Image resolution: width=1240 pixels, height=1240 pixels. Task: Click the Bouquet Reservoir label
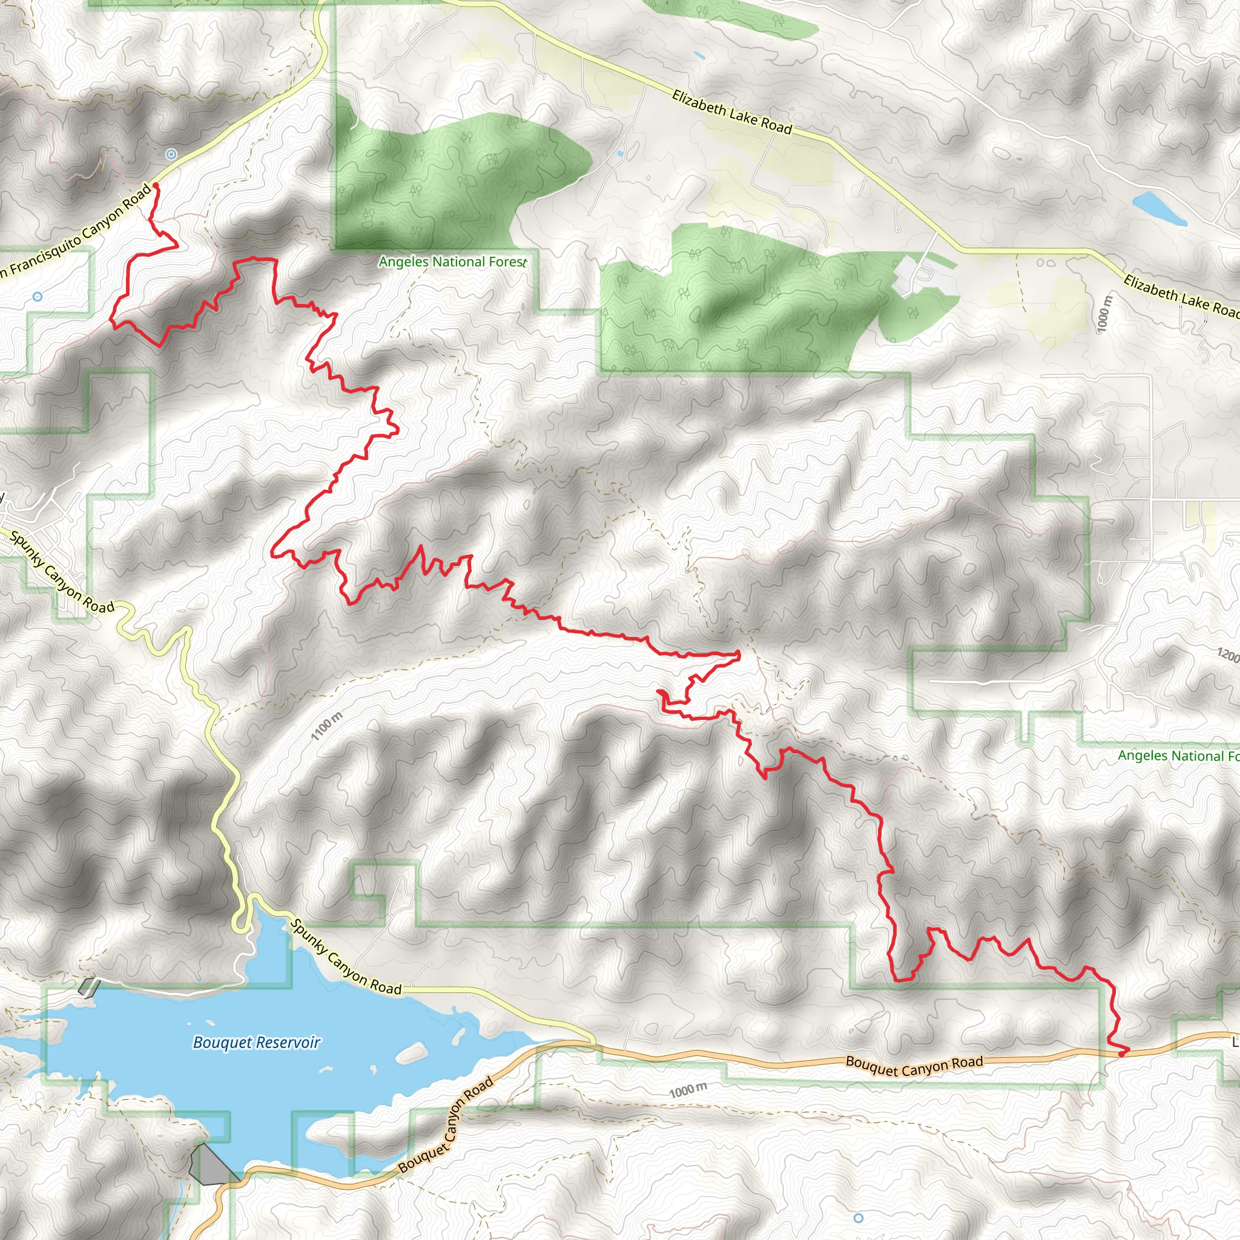pos(256,1043)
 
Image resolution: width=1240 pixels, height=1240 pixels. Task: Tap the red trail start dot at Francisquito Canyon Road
pos(156,185)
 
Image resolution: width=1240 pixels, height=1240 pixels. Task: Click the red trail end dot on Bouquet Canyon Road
pos(1121,1054)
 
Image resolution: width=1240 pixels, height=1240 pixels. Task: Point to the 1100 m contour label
pos(327,726)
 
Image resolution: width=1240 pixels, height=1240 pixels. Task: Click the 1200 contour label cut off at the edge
pos(1228,655)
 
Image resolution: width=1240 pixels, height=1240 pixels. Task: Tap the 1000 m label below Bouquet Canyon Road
pos(687,1090)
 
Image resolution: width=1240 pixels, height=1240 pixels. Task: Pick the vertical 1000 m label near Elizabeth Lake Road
pos(1103,314)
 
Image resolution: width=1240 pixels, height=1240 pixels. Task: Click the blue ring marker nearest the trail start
pos(171,154)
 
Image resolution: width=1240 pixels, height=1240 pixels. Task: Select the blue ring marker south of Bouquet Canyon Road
pos(859,1218)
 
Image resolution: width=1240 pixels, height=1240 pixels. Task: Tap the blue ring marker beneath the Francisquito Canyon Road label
pos(37,297)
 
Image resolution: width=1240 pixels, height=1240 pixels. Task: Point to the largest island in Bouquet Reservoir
pos(411,1052)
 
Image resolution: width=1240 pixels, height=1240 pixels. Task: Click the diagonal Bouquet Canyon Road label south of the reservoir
pos(446,1124)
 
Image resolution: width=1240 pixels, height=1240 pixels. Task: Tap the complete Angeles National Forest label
pos(452,262)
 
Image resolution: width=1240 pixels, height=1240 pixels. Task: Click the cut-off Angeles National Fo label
pos(1178,756)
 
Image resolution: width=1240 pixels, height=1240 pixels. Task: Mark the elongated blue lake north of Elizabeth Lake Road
pos(1159,209)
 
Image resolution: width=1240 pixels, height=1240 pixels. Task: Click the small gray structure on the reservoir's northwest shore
pos(88,986)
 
